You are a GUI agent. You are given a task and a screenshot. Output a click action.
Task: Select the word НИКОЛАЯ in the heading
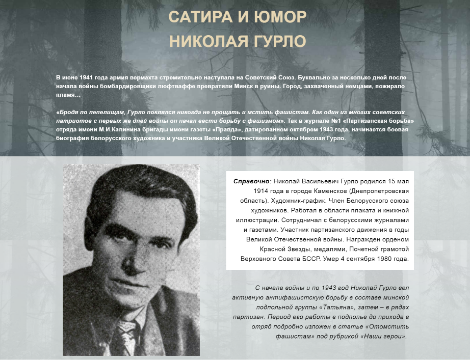(209, 43)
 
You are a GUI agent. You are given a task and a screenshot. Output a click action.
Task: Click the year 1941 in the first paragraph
(91, 76)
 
